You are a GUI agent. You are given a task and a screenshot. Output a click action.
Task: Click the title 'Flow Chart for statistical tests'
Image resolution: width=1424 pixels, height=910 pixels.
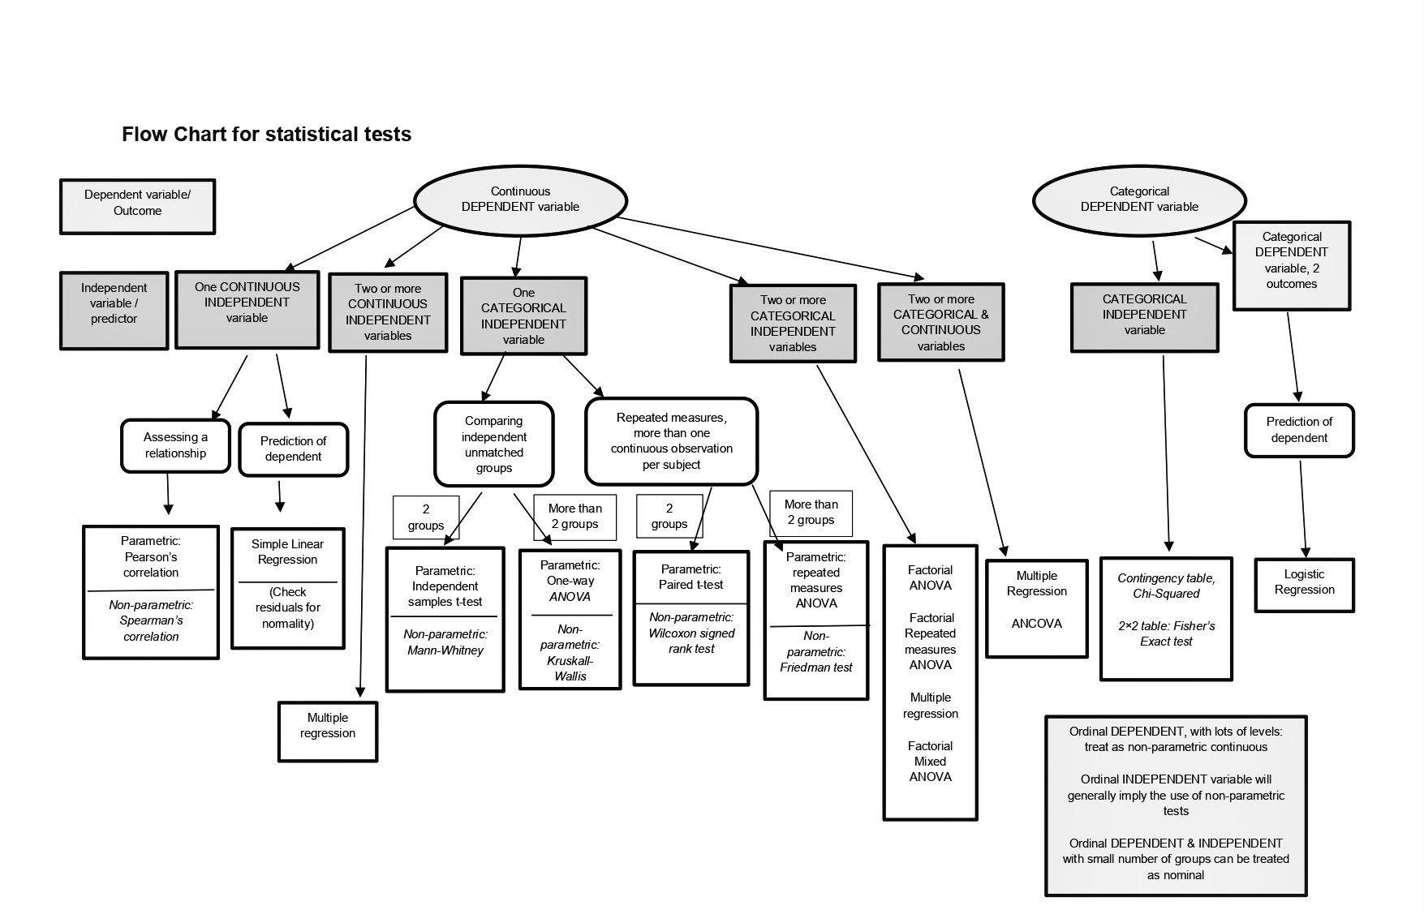pyautogui.click(x=266, y=134)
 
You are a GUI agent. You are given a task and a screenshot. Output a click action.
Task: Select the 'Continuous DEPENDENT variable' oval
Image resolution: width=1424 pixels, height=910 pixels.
pyautogui.click(x=520, y=200)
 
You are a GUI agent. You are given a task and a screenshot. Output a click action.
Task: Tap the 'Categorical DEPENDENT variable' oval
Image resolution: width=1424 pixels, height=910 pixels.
pyautogui.click(x=1139, y=200)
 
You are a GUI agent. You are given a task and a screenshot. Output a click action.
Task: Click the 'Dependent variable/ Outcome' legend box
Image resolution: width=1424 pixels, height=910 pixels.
pyautogui.click(x=137, y=207)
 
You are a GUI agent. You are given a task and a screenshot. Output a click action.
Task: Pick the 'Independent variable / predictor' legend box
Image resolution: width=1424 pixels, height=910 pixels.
pyautogui.click(x=114, y=311)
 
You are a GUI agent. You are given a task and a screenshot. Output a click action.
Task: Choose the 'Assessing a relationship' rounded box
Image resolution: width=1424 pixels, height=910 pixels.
pyautogui.click(x=175, y=445)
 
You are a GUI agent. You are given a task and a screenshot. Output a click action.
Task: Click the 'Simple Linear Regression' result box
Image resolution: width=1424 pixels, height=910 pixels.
pyautogui.click(x=288, y=589)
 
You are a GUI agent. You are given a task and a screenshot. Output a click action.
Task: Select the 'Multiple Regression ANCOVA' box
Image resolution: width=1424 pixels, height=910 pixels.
pyautogui.click(x=1037, y=608)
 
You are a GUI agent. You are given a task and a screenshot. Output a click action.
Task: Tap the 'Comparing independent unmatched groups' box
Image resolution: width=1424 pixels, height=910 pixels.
pyautogui.click(x=494, y=444)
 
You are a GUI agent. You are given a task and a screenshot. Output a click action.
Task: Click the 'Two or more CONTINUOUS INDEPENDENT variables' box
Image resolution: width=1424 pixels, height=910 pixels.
pyautogui.click(x=388, y=312)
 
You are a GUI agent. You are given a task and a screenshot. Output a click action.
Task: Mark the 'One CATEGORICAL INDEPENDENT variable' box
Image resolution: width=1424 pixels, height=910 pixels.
pyautogui.click(x=523, y=316)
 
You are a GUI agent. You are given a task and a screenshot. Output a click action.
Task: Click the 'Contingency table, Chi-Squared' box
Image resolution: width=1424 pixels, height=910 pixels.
pyautogui.click(x=1166, y=619)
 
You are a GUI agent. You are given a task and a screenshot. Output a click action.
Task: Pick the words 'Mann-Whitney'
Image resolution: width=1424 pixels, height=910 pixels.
pyautogui.click(x=445, y=650)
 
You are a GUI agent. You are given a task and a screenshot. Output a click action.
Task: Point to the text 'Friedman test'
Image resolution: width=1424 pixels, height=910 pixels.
pyautogui.click(x=816, y=667)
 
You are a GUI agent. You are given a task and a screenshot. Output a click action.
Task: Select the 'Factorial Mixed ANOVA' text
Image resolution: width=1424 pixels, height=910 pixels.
pyautogui.click(x=931, y=762)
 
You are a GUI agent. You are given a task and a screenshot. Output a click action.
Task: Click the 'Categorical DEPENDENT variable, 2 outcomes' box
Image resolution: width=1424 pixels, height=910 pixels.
pyautogui.click(x=1292, y=266)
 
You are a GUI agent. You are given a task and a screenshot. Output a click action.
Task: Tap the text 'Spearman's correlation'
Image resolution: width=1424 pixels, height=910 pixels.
pyautogui.click(x=151, y=629)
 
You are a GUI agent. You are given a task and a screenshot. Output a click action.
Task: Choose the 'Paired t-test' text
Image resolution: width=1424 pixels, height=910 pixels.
pyautogui.click(x=691, y=585)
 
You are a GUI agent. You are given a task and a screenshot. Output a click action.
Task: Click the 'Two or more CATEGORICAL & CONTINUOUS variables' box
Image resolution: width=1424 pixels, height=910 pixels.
pyautogui.click(x=941, y=322)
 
